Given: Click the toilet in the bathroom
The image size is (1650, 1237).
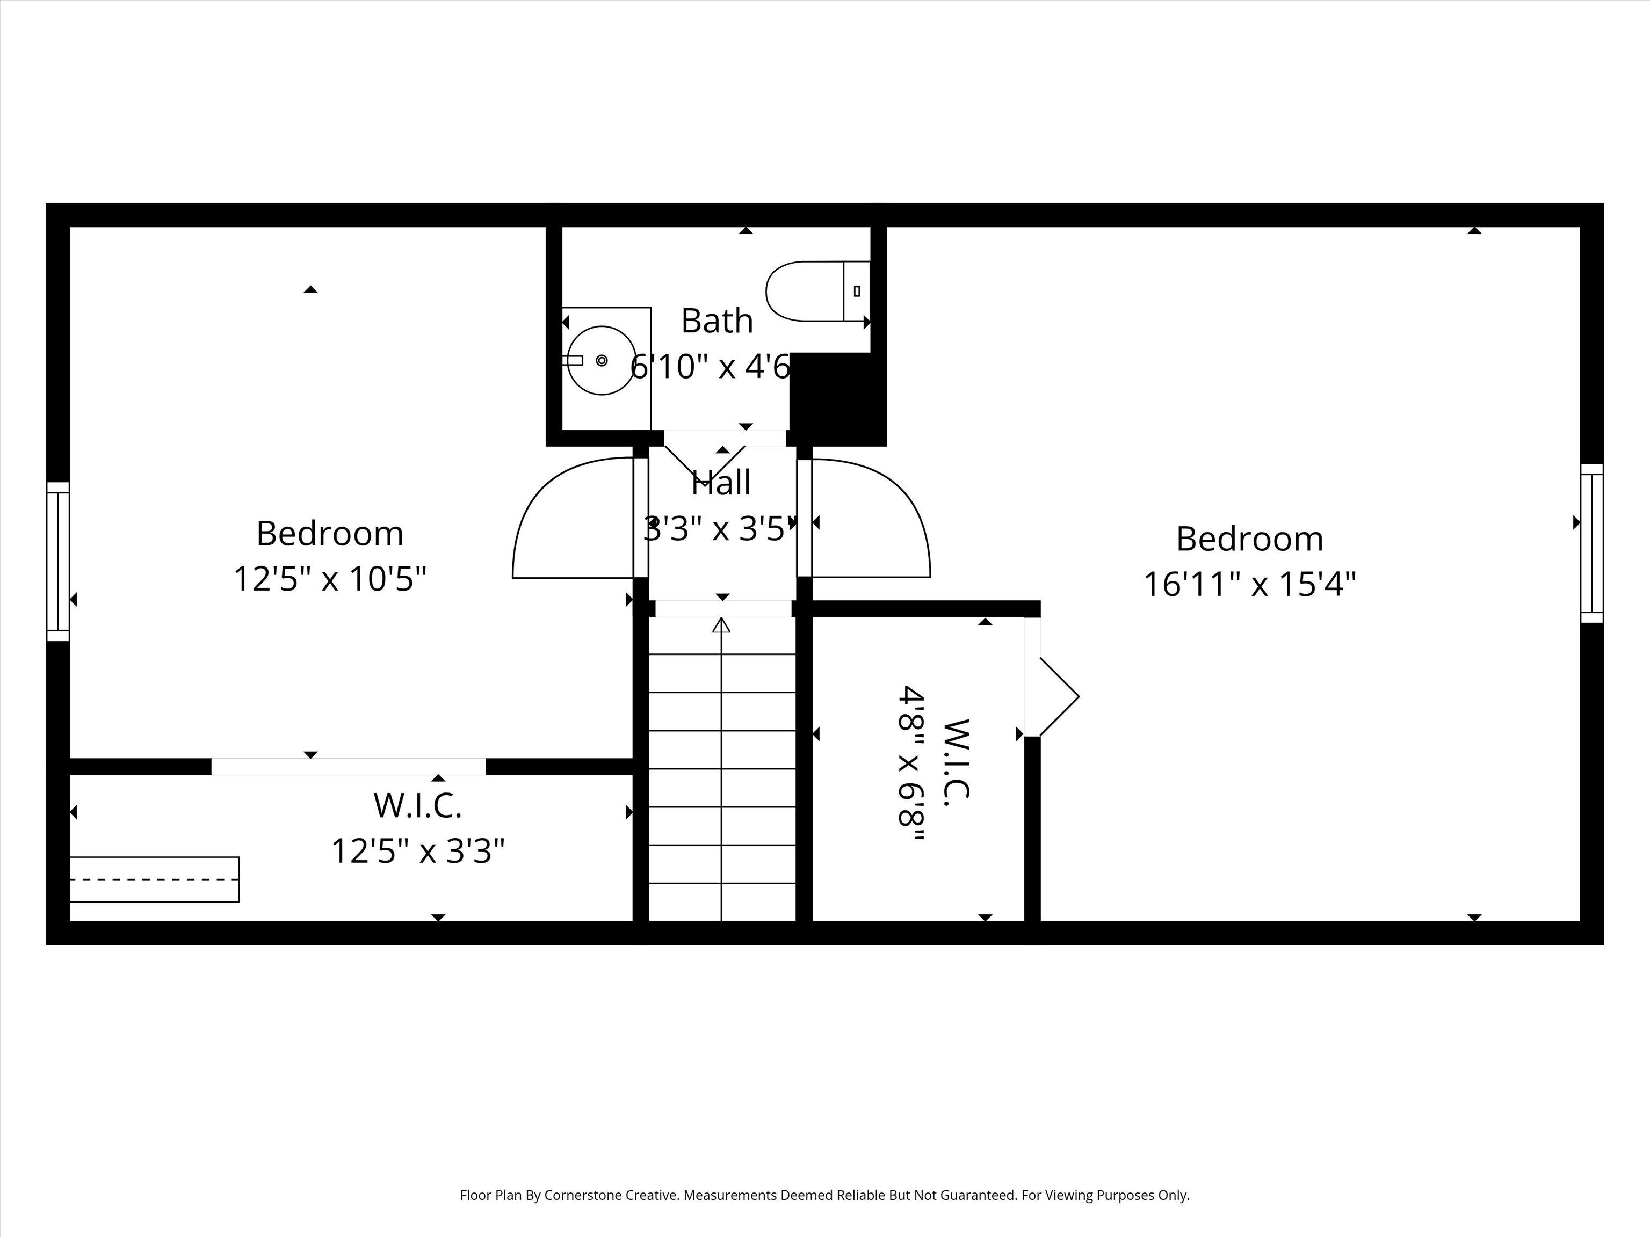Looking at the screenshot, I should point(817,291).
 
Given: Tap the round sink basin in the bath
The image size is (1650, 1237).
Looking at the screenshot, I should point(601,360).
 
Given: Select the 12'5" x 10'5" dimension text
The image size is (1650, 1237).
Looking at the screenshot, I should point(330,579).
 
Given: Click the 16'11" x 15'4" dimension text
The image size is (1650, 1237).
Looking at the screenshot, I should point(1249,584).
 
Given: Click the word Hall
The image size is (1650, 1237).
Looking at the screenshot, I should point(721,483).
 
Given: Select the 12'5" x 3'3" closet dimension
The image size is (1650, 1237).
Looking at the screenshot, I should point(418,850).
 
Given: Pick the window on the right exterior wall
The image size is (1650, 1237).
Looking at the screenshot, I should point(1592,543).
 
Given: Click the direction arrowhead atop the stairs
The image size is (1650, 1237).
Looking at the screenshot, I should point(721,625).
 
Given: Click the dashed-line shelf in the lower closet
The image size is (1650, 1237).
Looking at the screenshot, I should point(154,879).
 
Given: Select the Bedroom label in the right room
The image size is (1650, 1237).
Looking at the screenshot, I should point(1249,539).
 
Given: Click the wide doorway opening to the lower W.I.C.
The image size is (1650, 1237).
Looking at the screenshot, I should point(349,767).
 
